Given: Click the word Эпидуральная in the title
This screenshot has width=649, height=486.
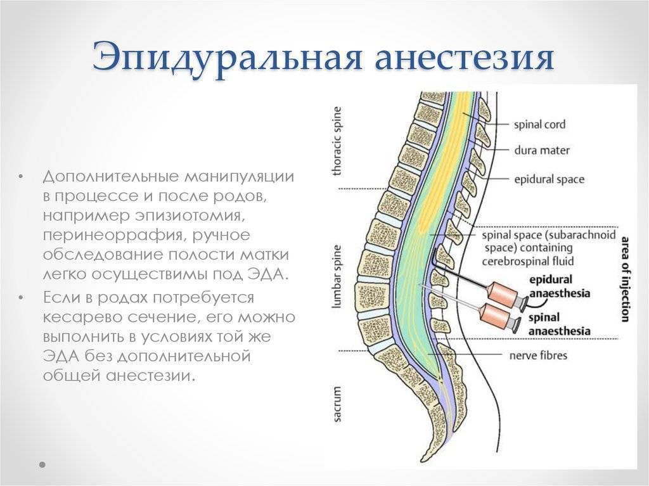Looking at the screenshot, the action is [x=227, y=56].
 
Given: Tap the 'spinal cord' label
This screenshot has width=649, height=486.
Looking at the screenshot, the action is [x=539, y=124].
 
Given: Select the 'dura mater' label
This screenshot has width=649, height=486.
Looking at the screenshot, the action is [x=542, y=150].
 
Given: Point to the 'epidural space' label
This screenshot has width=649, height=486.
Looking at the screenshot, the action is [x=549, y=179].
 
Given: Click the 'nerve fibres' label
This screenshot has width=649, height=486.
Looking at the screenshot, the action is [x=538, y=355].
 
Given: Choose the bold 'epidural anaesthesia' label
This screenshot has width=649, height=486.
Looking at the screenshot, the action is [x=560, y=286].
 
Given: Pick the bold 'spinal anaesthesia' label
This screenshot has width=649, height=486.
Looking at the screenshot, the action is [x=559, y=324].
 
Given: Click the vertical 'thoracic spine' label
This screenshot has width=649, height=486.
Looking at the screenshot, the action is [x=337, y=141].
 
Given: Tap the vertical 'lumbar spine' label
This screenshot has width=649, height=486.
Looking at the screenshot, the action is [x=337, y=276].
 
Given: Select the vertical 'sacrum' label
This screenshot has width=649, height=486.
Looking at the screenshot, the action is [x=337, y=404].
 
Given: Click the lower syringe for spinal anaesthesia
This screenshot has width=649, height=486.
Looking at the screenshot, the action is [x=499, y=317].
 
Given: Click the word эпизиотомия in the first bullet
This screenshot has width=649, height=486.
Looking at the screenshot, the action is [x=188, y=215].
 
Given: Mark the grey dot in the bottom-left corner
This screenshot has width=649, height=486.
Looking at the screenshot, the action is [x=42, y=464].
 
